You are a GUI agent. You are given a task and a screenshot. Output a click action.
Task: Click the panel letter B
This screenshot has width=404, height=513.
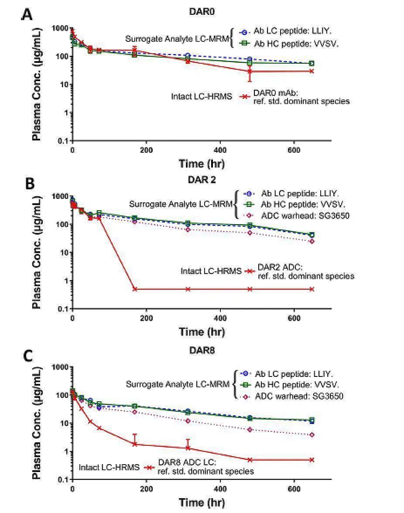tap(30, 183)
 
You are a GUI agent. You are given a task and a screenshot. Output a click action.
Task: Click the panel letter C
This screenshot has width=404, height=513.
tap(27, 355)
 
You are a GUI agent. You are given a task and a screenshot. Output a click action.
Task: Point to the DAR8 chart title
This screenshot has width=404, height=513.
tap(203, 351)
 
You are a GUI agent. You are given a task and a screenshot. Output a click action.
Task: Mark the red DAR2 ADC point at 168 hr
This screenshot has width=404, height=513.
tap(135, 289)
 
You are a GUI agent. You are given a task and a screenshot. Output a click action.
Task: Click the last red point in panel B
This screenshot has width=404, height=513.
tap(312, 289)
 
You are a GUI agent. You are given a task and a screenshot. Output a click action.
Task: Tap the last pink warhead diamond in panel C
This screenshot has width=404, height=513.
tap(312, 435)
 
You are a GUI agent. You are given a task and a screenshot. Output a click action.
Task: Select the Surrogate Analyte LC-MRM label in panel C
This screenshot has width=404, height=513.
tap(178, 384)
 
